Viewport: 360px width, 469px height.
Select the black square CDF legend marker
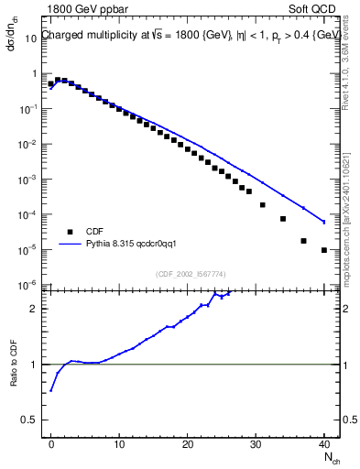point(69,232)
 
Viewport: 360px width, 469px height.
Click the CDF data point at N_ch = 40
point(324,250)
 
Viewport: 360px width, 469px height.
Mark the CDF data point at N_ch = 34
point(283,219)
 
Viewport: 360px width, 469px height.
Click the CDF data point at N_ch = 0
point(51,84)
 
